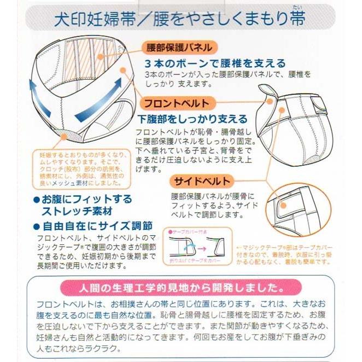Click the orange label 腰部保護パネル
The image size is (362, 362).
(x=177, y=48)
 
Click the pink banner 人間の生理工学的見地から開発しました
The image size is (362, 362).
(x=180, y=287)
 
